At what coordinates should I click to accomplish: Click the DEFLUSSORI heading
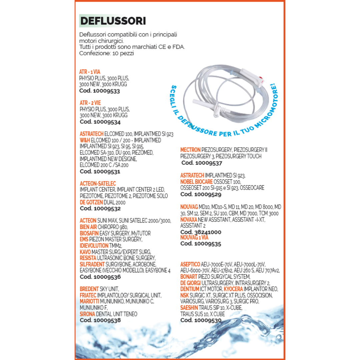point(113,21)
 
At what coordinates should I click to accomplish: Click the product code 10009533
point(99,90)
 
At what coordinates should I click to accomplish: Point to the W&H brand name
point(85,140)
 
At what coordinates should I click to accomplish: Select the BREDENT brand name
point(89,289)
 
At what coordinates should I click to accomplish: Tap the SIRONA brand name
point(87,314)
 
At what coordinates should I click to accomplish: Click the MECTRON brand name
point(190,150)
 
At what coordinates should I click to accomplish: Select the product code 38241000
point(201,232)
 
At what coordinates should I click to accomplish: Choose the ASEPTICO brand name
point(190,264)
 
